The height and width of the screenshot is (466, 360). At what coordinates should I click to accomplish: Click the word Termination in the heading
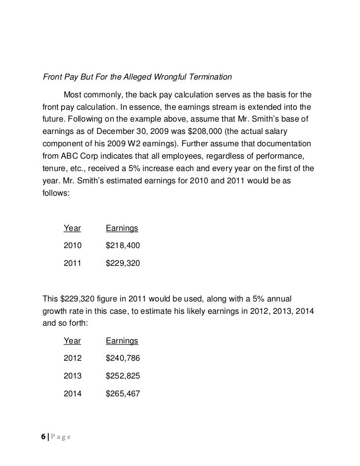click(210, 77)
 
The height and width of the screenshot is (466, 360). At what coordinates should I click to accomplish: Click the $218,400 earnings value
click(123, 245)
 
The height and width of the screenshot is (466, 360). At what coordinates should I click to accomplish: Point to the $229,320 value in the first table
click(123, 264)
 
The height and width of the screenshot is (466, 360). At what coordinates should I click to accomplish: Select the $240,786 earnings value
click(123, 358)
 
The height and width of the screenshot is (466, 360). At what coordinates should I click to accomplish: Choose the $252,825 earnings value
click(123, 376)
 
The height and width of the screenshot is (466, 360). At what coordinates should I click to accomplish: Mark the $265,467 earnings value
click(123, 394)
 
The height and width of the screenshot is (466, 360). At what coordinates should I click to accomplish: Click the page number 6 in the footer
click(44, 437)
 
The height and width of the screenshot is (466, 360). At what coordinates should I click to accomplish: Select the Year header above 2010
click(72, 228)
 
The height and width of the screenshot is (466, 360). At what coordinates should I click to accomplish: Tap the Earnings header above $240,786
click(122, 341)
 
